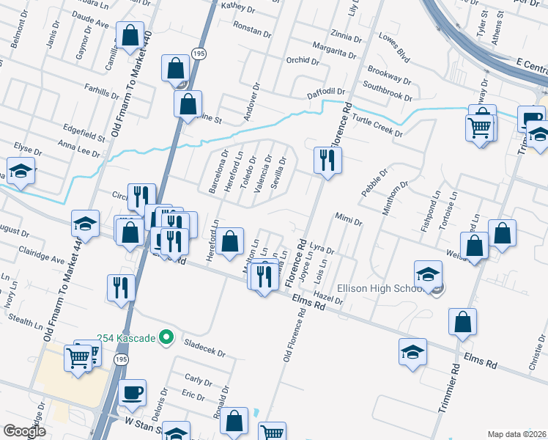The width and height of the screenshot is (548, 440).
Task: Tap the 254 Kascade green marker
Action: (166, 337)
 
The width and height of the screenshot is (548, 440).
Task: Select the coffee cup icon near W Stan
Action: (133, 393)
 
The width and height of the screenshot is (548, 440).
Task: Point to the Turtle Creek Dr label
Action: (377, 125)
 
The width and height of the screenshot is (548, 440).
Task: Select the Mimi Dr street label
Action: (348, 218)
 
